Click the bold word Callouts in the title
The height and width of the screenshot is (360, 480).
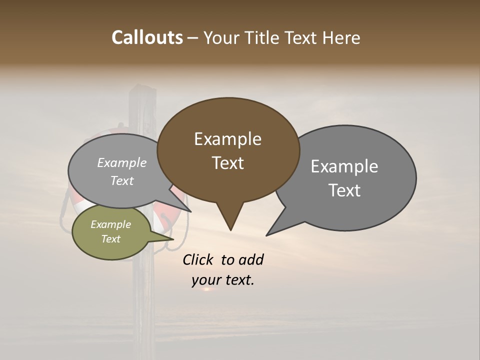point(147,37)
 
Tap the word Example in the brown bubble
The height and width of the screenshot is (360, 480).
point(227,139)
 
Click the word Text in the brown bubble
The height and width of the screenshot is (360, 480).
point(228,163)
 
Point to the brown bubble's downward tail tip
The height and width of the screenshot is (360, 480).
point(230,230)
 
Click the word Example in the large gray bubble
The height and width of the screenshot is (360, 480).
point(344,166)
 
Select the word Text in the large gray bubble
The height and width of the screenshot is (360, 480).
point(344,190)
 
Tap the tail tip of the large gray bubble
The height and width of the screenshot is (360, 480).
point(267,235)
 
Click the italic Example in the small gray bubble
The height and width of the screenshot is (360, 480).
point(122,162)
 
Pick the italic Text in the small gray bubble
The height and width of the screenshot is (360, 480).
point(122,180)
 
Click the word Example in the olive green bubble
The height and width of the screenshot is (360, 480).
point(110,224)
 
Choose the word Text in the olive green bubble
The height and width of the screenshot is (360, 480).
point(111,239)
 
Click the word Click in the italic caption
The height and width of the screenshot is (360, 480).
point(198,259)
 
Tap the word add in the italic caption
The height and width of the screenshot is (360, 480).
point(251,259)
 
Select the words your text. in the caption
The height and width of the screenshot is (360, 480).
point(223,280)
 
